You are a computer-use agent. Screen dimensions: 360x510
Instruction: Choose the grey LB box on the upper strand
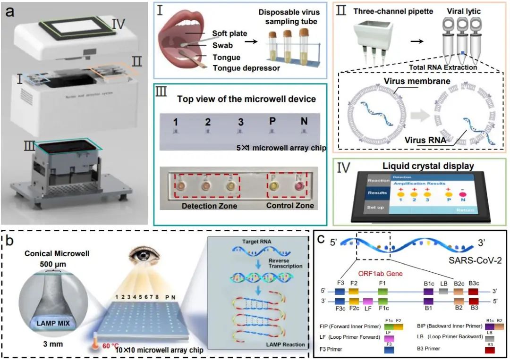(x=443, y=292)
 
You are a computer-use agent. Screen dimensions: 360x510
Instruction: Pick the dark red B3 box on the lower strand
(x=474, y=301)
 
